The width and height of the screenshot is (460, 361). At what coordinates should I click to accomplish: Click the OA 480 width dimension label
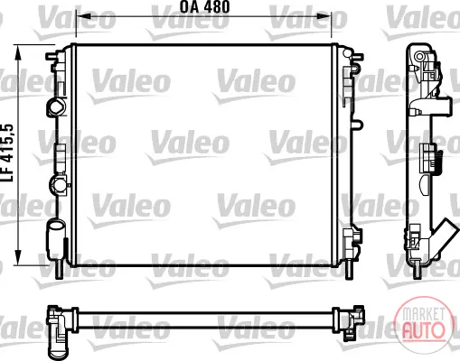tap(205, 6)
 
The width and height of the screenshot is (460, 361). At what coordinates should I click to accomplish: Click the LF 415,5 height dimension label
tap(8, 153)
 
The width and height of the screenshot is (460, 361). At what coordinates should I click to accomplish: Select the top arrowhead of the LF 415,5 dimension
tap(18, 51)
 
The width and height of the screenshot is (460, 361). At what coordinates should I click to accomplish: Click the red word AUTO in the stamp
tap(423, 329)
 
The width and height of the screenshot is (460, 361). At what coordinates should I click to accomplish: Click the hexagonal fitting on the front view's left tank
tap(57, 107)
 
